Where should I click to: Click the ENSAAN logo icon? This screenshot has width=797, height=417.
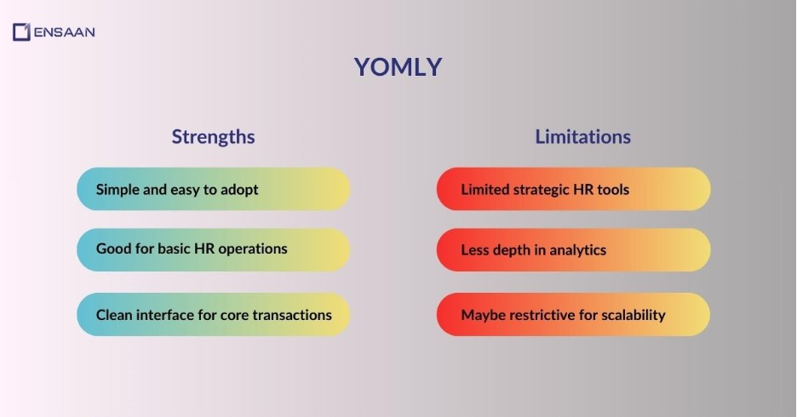[21, 32]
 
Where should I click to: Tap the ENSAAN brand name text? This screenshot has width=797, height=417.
[64, 32]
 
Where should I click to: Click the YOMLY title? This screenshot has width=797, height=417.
[398, 67]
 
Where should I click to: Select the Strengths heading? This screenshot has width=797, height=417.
[213, 136]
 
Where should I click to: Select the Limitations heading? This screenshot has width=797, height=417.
[582, 136]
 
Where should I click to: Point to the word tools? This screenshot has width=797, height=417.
[612, 189]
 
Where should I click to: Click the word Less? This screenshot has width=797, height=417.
[475, 250]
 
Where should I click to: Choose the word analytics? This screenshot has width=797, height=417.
[575, 250]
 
